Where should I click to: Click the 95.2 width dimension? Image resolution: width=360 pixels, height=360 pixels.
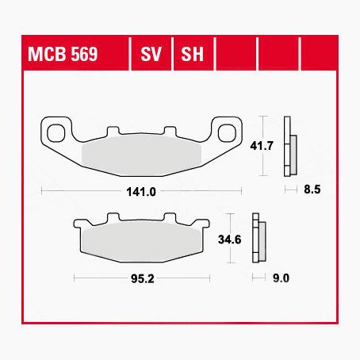point(142,278)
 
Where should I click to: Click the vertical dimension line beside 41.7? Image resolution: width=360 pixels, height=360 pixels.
point(262,147)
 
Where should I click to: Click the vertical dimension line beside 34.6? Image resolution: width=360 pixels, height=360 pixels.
point(228,238)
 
